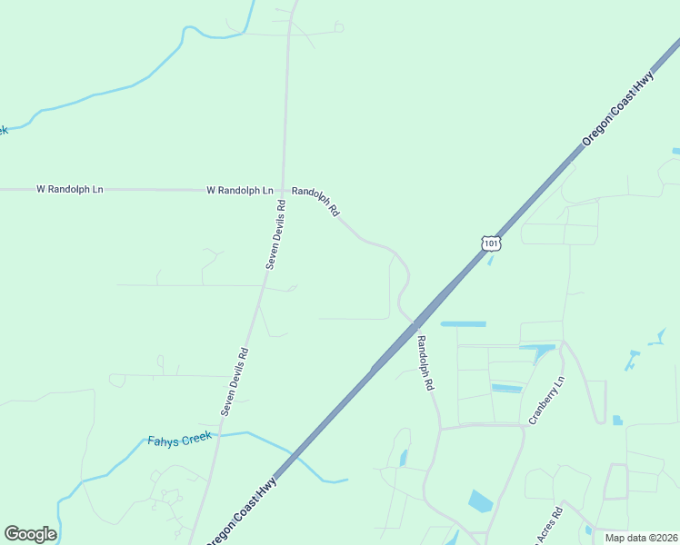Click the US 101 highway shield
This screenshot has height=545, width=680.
pyautogui.click(x=491, y=243)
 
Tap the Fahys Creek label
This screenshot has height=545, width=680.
pyautogui.click(x=179, y=440)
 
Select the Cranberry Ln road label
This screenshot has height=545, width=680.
pyautogui.click(x=547, y=402)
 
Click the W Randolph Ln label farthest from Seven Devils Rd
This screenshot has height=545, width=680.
pyautogui.click(x=70, y=189)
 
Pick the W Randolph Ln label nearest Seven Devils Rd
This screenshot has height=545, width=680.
pyautogui.click(x=240, y=190)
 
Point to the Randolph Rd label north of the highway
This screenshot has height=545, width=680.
pyautogui.click(x=315, y=201)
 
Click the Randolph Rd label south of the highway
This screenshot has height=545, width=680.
pyautogui.click(x=425, y=362)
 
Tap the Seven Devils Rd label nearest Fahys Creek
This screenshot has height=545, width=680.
pyautogui.click(x=235, y=381)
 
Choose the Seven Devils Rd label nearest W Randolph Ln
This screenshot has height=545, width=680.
pyautogui.click(x=276, y=233)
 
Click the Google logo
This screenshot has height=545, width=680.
pyautogui.click(x=30, y=533)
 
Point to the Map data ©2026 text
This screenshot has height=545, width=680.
pyautogui.click(x=640, y=538)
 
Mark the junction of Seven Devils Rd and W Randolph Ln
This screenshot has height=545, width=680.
pyautogui.click(x=283, y=190)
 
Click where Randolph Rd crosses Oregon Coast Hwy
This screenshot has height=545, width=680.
pyautogui.click(x=414, y=323)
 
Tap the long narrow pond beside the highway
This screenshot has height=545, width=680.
pyautogui.click(x=463, y=323)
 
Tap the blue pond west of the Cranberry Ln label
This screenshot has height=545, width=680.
pyautogui.click(x=506, y=389)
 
